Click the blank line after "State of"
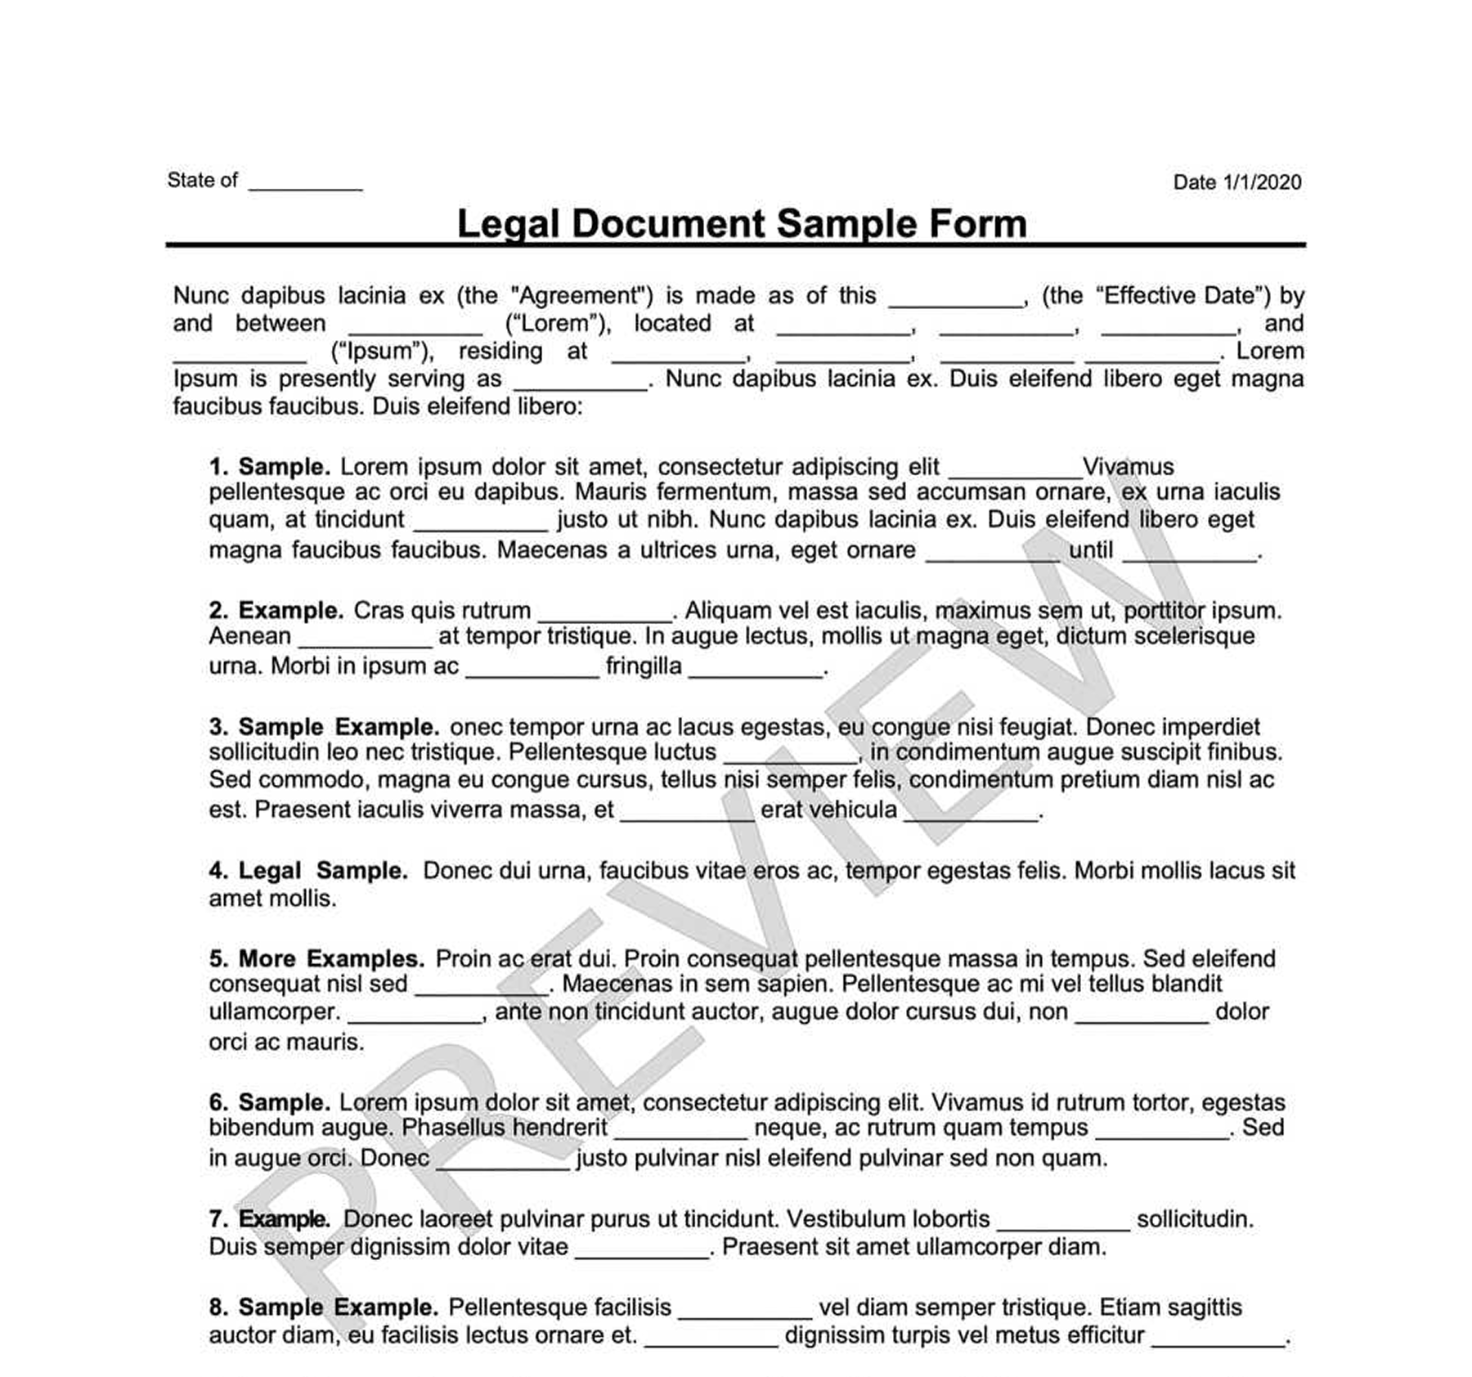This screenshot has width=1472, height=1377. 305,185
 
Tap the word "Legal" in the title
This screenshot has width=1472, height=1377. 507,224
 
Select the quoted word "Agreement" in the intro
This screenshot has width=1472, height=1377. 581,295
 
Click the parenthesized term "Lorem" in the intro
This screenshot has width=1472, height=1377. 557,324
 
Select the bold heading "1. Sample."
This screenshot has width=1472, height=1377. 269,467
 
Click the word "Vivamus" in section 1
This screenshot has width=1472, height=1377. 1128,467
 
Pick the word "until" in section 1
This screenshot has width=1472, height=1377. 1091,550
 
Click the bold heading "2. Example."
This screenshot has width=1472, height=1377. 276,611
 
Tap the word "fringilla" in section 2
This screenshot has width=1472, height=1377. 644,666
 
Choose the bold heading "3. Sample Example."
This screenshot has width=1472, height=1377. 324,727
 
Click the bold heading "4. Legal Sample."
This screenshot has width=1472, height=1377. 307,871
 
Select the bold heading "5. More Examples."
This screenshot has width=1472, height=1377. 316,958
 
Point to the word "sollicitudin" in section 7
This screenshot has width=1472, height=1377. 1195,1219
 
